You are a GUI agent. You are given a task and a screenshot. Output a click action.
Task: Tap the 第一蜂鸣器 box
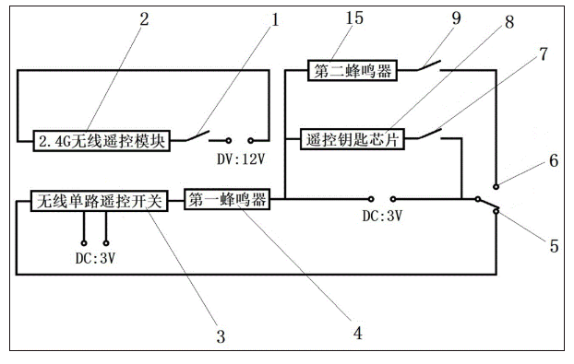pos(227,199)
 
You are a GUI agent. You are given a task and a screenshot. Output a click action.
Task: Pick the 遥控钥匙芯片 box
pos(352,139)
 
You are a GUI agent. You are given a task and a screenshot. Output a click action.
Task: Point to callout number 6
pos(553,160)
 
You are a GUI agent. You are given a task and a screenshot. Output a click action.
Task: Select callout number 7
pos(544,53)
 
